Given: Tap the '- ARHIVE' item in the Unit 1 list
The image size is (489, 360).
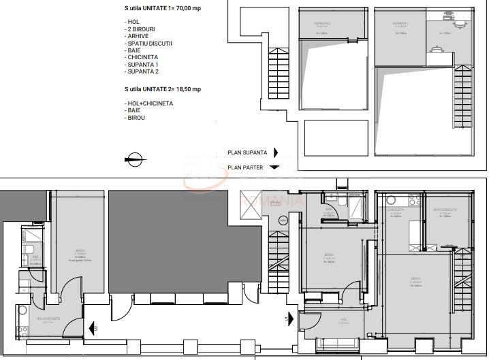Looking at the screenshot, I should (x=140, y=37).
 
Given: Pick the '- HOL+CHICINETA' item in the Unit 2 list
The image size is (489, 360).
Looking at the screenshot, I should (x=149, y=103).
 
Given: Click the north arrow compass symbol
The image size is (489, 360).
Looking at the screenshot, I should (x=133, y=161).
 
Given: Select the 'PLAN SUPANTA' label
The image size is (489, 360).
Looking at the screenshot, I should (x=247, y=153).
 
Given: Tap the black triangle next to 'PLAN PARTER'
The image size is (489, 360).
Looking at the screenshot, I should (x=274, y=167).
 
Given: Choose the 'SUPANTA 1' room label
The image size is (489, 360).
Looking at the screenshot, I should (x=400, y=23).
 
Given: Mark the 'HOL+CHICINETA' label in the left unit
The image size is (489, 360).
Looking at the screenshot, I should (x=48, y=318).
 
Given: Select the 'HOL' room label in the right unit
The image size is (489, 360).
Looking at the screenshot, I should (x=344, y=320).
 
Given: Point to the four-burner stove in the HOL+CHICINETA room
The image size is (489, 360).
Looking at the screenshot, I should (x=22, y=332).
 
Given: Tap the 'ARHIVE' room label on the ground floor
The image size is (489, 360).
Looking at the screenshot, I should (x=275, y=203).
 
